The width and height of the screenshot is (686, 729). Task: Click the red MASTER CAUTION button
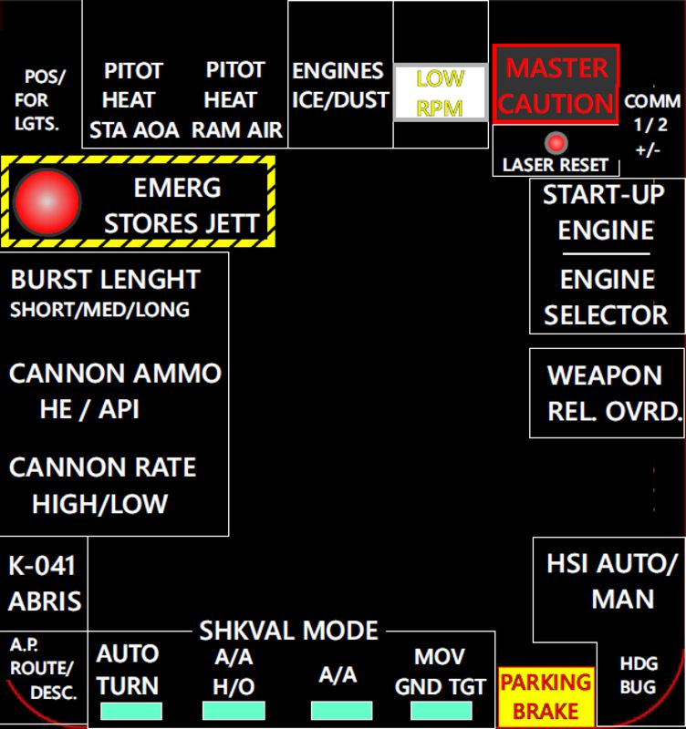(x=556, y=85)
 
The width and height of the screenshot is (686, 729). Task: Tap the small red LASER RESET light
(x=556, y=143)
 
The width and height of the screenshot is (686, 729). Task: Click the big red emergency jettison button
(x=48, y=201)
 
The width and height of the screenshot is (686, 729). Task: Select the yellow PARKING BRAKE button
(x=545, y=696)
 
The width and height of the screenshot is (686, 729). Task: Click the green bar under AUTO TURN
(x=131, y=711)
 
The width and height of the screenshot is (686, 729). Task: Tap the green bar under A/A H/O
(x=234, y=711)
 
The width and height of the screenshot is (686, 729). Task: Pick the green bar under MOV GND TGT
(x=442, y=711)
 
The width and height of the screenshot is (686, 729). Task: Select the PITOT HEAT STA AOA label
(x=134, y=100)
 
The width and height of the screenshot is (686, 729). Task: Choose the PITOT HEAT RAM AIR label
(x=236, y=100)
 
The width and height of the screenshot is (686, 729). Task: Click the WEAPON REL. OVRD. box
(x=607, y=392)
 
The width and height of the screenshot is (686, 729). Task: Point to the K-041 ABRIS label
(x=45, y=583)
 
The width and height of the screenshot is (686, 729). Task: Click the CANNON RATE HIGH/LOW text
(x=101, y=486)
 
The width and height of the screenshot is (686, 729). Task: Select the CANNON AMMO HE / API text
(x=114, y=391)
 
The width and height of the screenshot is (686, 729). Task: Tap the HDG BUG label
(x=638, y=675)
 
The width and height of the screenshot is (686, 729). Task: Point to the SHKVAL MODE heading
(x=288, y=631)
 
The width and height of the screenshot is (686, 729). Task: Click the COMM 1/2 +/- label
(x=651, y=124)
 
